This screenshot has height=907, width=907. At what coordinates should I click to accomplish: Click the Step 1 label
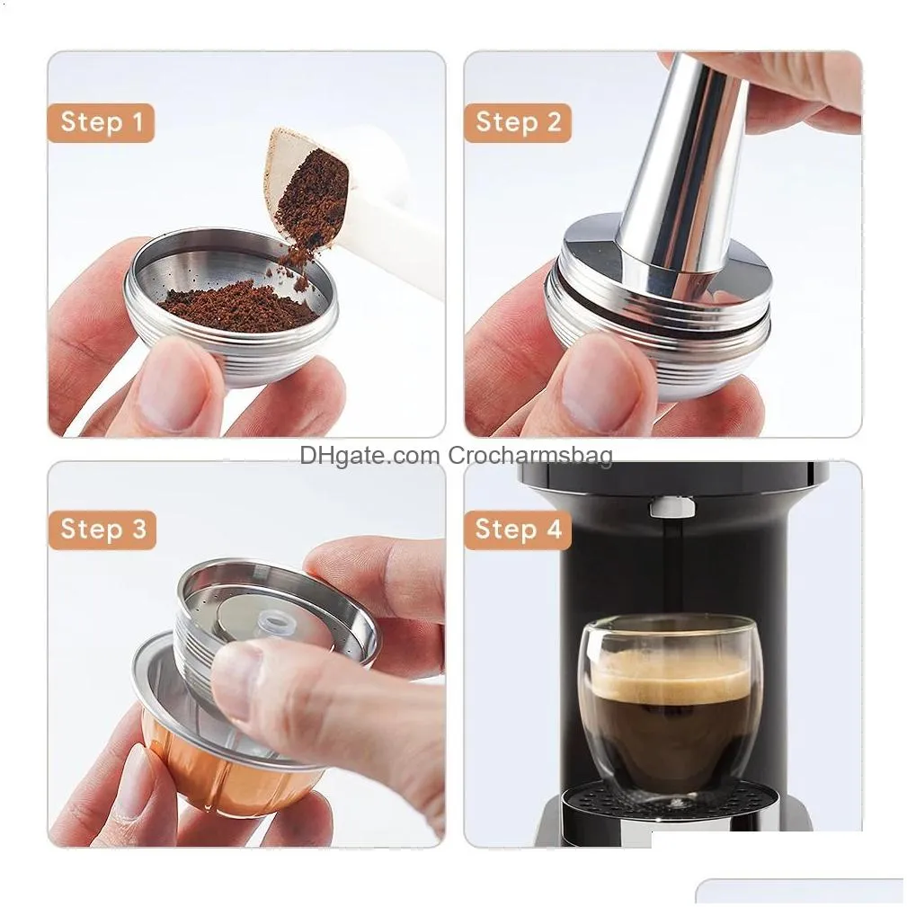[x=102, y=122]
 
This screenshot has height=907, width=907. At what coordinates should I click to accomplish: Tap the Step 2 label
[x=518, y=122]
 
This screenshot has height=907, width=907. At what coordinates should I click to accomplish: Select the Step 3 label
[x=102, y=529]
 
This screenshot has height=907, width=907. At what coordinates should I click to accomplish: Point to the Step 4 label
[x=518, y=529]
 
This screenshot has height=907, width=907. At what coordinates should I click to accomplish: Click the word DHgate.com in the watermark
[x=369, y=456]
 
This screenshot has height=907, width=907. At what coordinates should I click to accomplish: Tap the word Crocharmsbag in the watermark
[x=530, y=456]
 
